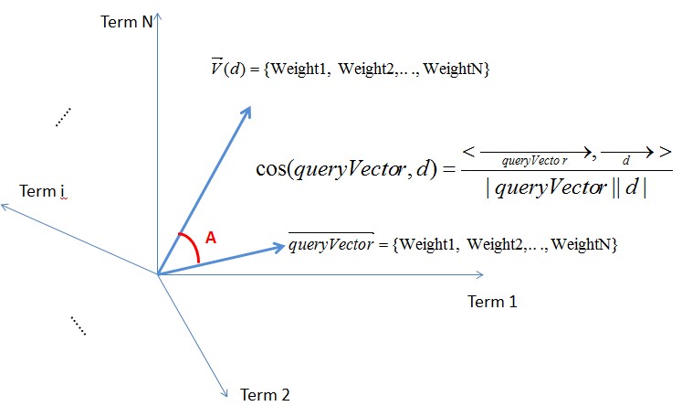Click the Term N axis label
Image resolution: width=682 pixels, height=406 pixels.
(127, 21)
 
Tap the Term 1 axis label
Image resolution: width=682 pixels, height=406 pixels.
(492, 302)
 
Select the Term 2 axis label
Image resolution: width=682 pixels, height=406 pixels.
(265, 395)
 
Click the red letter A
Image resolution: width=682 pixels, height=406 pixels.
(210, 238)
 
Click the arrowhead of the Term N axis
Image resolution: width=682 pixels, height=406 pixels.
(159, 16)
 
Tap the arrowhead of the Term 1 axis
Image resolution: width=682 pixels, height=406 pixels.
(481, 273)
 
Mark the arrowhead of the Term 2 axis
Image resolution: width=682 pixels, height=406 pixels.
(225, 393)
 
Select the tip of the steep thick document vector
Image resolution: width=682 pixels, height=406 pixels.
(248, 107)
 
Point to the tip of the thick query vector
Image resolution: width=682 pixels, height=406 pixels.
(284, 245)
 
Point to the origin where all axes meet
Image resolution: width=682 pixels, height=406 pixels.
(159, 273)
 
